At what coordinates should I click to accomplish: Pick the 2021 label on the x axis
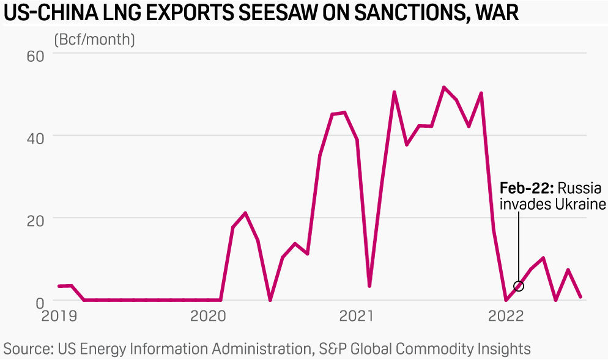point(357,316)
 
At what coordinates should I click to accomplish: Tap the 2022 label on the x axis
point(505,316)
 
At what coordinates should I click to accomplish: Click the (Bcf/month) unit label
point(95,40)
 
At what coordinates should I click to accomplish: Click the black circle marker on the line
point(519,286)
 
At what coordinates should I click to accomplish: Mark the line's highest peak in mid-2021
point(443,87)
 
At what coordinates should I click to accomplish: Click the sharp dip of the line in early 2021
point(369,286)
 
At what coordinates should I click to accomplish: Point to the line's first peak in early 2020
point(245,213)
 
